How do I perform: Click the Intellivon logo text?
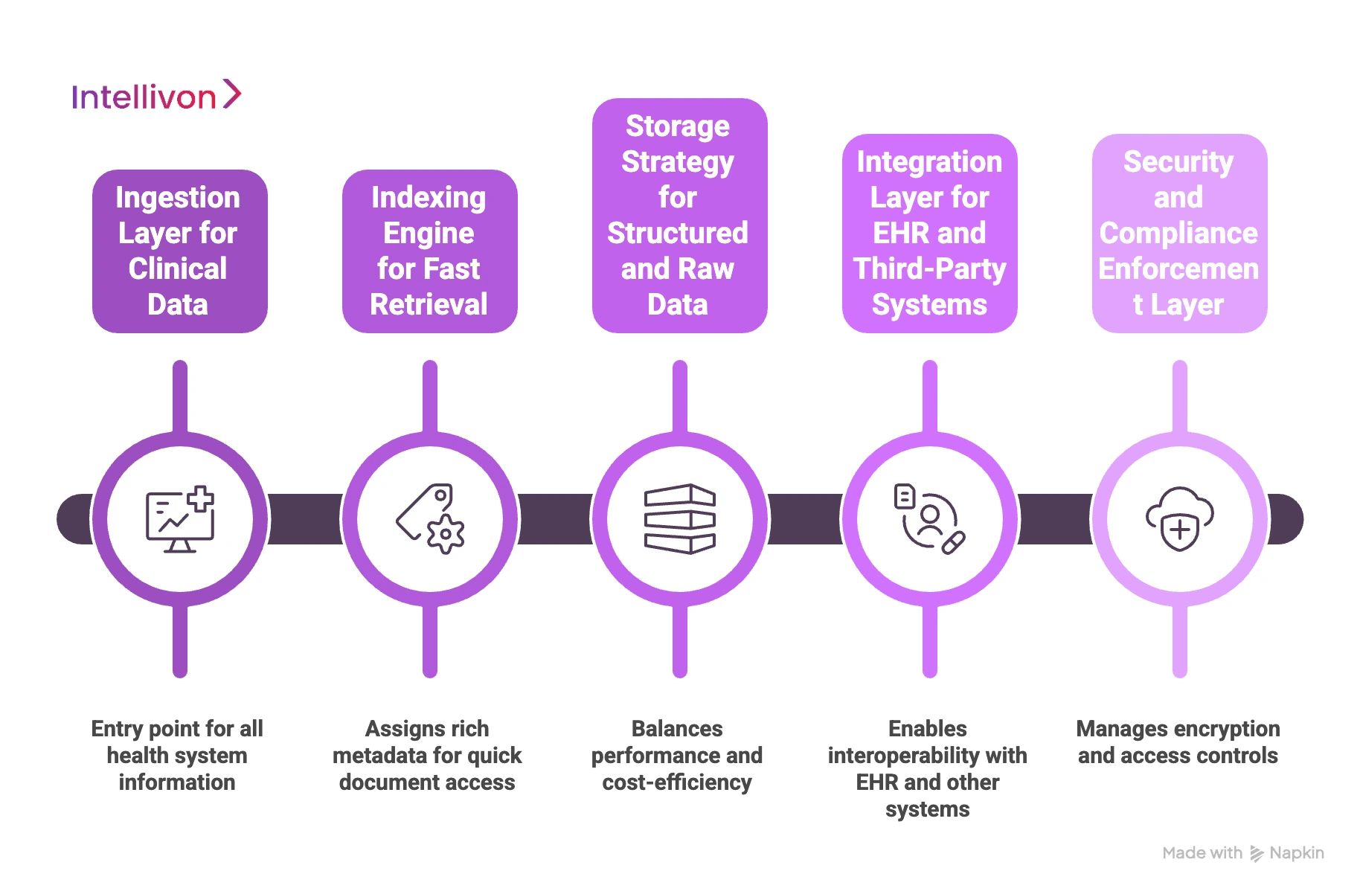(144, 97)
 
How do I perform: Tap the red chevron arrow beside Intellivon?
(232, 94)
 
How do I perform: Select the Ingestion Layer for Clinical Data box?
(179, 251)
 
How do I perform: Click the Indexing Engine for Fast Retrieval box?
(429, 251)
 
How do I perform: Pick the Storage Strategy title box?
(679, 216)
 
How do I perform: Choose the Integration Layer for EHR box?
(929, 234)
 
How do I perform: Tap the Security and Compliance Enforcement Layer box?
(1179, 234)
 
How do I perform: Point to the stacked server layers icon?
(679, 519)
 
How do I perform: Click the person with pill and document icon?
(929, 519)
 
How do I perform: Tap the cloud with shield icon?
(1179, 519)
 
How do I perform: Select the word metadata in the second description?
(379, 756)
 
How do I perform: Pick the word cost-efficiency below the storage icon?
(677, 782)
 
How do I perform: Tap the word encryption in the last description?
(1228, 729)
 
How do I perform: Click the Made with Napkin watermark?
(1242, 853)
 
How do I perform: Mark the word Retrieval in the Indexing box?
(429, 305)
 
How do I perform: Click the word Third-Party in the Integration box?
(929, 269)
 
